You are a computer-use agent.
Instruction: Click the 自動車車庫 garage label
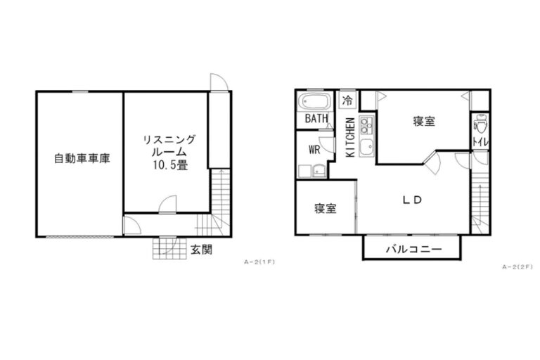(82, 158)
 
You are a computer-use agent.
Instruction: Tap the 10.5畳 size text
(170, 165)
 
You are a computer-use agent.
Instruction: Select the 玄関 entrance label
(202, 250)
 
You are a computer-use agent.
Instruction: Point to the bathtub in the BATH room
(314, 101)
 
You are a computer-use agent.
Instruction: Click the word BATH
(316, 119)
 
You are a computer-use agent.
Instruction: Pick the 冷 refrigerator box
(348, 101)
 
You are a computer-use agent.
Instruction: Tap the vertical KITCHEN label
(350, 137)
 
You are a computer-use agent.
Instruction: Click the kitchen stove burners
(366, 126)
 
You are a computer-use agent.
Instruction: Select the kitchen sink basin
(366, 148)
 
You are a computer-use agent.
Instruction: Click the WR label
(314, 150)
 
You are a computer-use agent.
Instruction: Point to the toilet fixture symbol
(480, 124)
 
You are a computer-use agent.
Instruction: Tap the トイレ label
(480, 142)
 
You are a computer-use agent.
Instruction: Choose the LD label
(412, 200)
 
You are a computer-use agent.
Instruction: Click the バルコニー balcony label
(413, 249)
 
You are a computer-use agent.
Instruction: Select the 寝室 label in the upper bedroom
(424, 121)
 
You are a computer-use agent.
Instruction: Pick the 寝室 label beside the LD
(326, 208)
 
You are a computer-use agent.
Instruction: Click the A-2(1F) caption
(259, 262)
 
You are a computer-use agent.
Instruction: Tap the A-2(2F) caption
(517, 266)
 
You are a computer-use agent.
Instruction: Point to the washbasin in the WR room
(319, 171)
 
